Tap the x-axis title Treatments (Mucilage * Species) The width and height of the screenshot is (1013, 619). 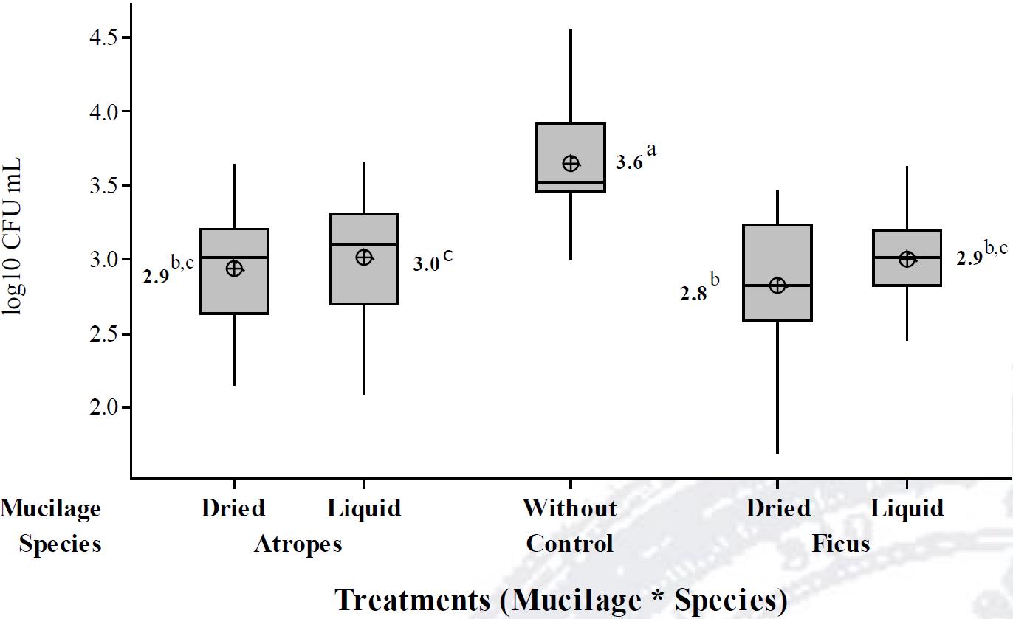click(561, 600)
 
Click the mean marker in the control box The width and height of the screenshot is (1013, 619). click(571, 163)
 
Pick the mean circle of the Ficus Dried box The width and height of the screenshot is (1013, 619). click(777, 286)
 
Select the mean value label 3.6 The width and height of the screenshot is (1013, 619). click(629, 164)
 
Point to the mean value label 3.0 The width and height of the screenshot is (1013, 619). click(426, 264)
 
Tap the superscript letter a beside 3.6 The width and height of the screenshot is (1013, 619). click(651, 151)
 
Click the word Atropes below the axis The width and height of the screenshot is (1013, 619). click(298, 544)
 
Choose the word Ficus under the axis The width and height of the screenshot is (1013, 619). click(841, 544)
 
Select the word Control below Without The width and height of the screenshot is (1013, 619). click(569, 544)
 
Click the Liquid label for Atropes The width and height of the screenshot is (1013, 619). click(364, 508)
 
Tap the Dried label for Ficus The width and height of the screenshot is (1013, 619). click(777, 508)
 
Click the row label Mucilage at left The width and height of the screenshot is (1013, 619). click(50, 508)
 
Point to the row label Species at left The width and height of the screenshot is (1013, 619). click(60, 544)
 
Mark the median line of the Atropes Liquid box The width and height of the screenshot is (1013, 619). click(364, 244)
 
